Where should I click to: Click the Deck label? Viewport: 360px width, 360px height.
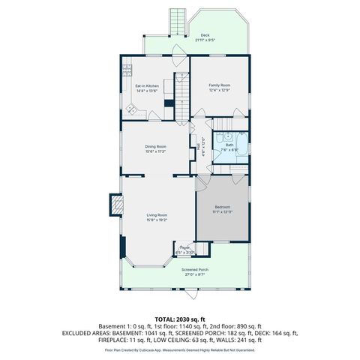205,34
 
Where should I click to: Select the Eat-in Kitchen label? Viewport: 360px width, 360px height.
147,85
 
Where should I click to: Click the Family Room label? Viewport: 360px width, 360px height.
219,85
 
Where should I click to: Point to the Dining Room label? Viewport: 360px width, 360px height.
155,146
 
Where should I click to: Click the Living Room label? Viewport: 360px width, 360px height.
157,215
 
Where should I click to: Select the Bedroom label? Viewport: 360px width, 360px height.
223,206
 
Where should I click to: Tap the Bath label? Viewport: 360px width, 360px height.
229,144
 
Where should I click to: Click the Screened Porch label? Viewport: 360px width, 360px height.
195,269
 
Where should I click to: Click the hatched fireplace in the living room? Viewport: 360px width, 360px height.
116,205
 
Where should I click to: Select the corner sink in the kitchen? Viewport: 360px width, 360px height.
131,110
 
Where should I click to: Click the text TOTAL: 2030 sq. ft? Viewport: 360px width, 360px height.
180,319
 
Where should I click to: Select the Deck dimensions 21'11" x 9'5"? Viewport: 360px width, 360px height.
205,40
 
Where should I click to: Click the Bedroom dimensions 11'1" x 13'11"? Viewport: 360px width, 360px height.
223,211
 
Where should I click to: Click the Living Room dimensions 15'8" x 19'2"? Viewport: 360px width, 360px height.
157,220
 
